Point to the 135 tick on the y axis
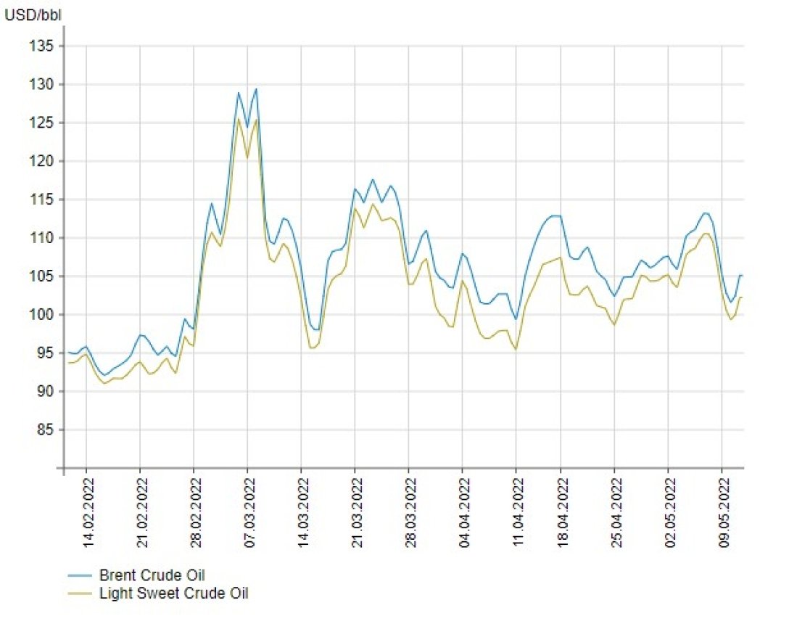43,46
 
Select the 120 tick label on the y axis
43,161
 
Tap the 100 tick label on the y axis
43,315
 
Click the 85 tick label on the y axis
46,430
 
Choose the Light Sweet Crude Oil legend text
173,593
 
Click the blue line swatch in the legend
80,575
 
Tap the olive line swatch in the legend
80,593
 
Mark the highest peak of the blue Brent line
256,89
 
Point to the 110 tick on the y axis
43,238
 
